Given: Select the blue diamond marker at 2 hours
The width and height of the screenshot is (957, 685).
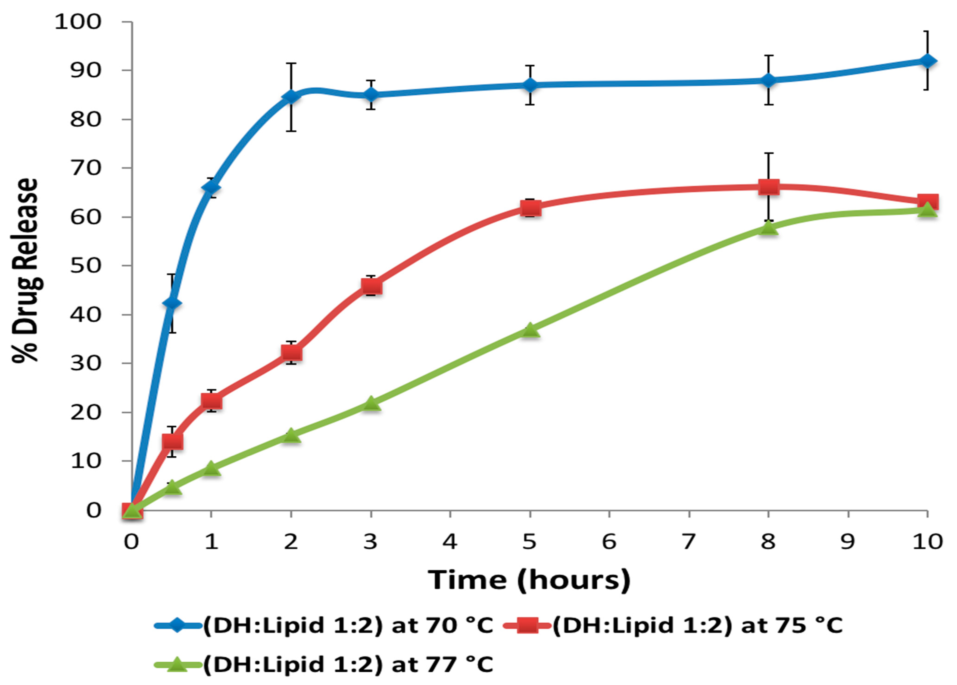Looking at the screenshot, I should pos(291,97).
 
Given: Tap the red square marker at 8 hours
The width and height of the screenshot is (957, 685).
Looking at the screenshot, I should pos(768,187).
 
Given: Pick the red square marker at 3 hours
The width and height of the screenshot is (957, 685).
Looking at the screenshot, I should pos(371,286).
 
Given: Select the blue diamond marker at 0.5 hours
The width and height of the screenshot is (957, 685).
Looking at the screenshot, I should pos(171,303).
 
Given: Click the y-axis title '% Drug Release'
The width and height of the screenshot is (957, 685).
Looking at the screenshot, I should pos(25,270).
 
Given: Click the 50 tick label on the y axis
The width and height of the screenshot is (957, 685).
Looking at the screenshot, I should pos(86,266).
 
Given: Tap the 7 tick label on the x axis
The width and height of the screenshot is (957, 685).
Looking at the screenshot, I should pos(689,542).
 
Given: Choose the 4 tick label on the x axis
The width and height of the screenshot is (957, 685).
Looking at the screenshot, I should pos(450,542).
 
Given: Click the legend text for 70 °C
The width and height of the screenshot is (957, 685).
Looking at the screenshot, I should pos(348,625).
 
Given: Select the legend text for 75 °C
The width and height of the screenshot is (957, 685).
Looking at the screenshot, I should pos(697,625).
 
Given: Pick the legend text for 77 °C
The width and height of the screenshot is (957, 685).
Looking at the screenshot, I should pos(348,665).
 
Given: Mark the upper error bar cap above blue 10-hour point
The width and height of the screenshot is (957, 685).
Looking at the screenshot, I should pos(927,31).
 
